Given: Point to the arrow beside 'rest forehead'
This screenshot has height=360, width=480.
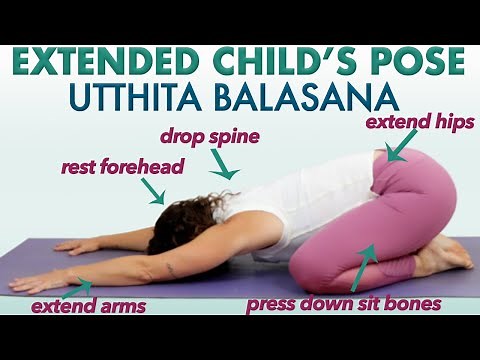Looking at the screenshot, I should pyautogui.click(x=156, y=194).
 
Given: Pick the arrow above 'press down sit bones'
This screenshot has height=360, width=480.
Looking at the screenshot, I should pyautogui.click(x=365, y=259).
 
